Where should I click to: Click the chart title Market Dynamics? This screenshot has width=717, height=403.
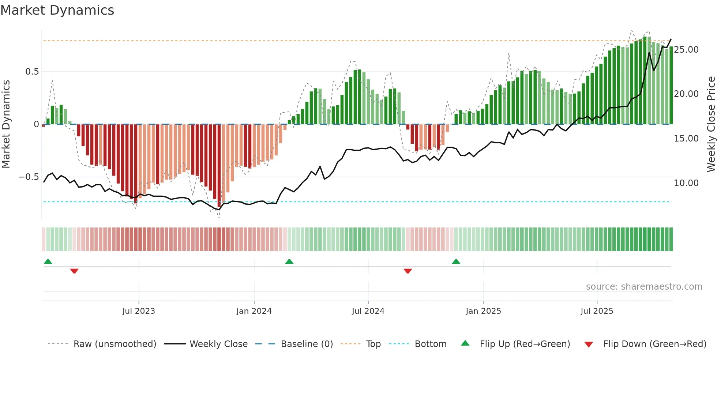click(57, 10)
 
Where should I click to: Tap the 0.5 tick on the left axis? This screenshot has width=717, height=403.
click(32, 71)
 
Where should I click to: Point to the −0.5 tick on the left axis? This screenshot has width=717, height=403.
click(29, 177)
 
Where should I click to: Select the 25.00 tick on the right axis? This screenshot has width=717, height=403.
click(686, 50)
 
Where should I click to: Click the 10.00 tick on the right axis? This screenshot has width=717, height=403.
click(686, 183)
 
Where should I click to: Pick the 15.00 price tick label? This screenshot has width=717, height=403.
click(686, 139)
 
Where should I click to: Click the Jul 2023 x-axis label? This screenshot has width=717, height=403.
click(139, 311)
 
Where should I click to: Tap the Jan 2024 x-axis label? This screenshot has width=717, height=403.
click(254, 311)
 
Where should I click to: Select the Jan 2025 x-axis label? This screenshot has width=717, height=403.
click(483, 311)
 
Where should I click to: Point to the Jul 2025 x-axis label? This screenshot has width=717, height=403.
click(597, 311)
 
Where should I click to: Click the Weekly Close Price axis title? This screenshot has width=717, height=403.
click(711, 124)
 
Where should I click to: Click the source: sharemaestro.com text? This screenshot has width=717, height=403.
click(644, 287)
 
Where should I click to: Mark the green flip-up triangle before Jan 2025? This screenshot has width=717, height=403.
click(456, 262)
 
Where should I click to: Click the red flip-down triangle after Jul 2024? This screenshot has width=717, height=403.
click(408, 271)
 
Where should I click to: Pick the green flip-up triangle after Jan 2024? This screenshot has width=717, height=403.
click(289, 262)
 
